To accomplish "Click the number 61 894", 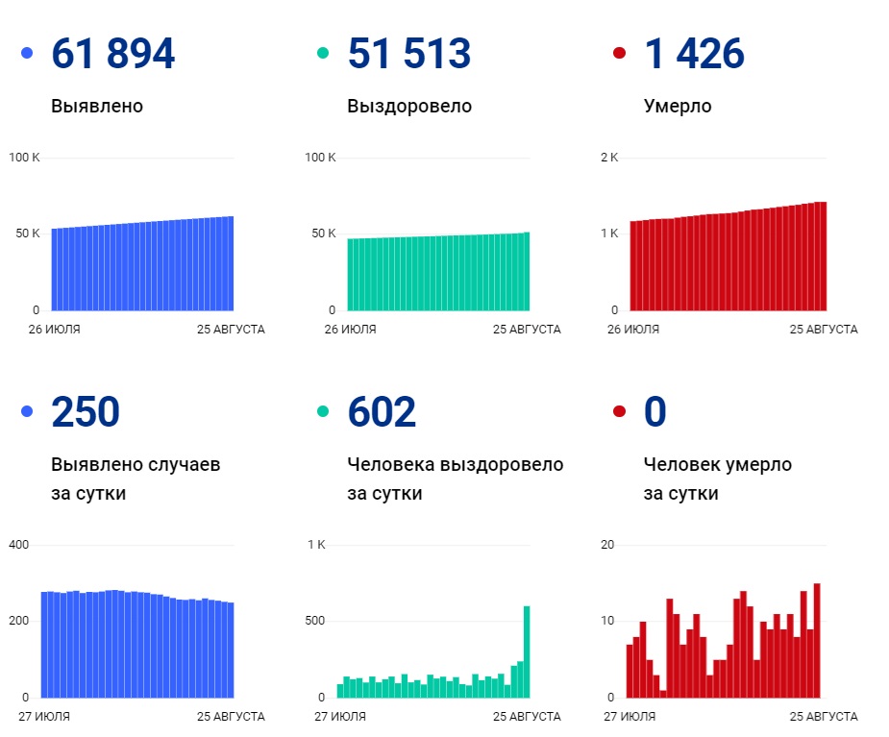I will click(112, 54).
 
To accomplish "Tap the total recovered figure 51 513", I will click(408, 54).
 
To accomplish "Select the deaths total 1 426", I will click(694, 54).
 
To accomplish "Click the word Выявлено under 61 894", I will click(97, 106).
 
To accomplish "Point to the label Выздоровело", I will click(409, 106).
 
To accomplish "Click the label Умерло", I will click(678, 106).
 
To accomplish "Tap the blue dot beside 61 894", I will click(27, 53).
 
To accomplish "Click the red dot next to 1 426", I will click(619, 53).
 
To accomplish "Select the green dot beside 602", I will click(323, 411).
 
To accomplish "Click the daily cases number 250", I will click(86, 412).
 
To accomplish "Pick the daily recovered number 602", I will click(382, 412).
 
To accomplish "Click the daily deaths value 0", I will click(654, 412).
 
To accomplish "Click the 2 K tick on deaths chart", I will click(608, 158).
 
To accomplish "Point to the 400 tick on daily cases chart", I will click(19, 545).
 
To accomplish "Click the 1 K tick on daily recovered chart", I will click(316, 545).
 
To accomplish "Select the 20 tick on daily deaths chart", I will click(607, 545).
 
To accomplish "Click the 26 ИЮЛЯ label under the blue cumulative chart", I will click(54, 330).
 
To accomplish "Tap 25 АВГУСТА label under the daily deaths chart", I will click(824, 717).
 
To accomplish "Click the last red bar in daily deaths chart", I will click(817, 640).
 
